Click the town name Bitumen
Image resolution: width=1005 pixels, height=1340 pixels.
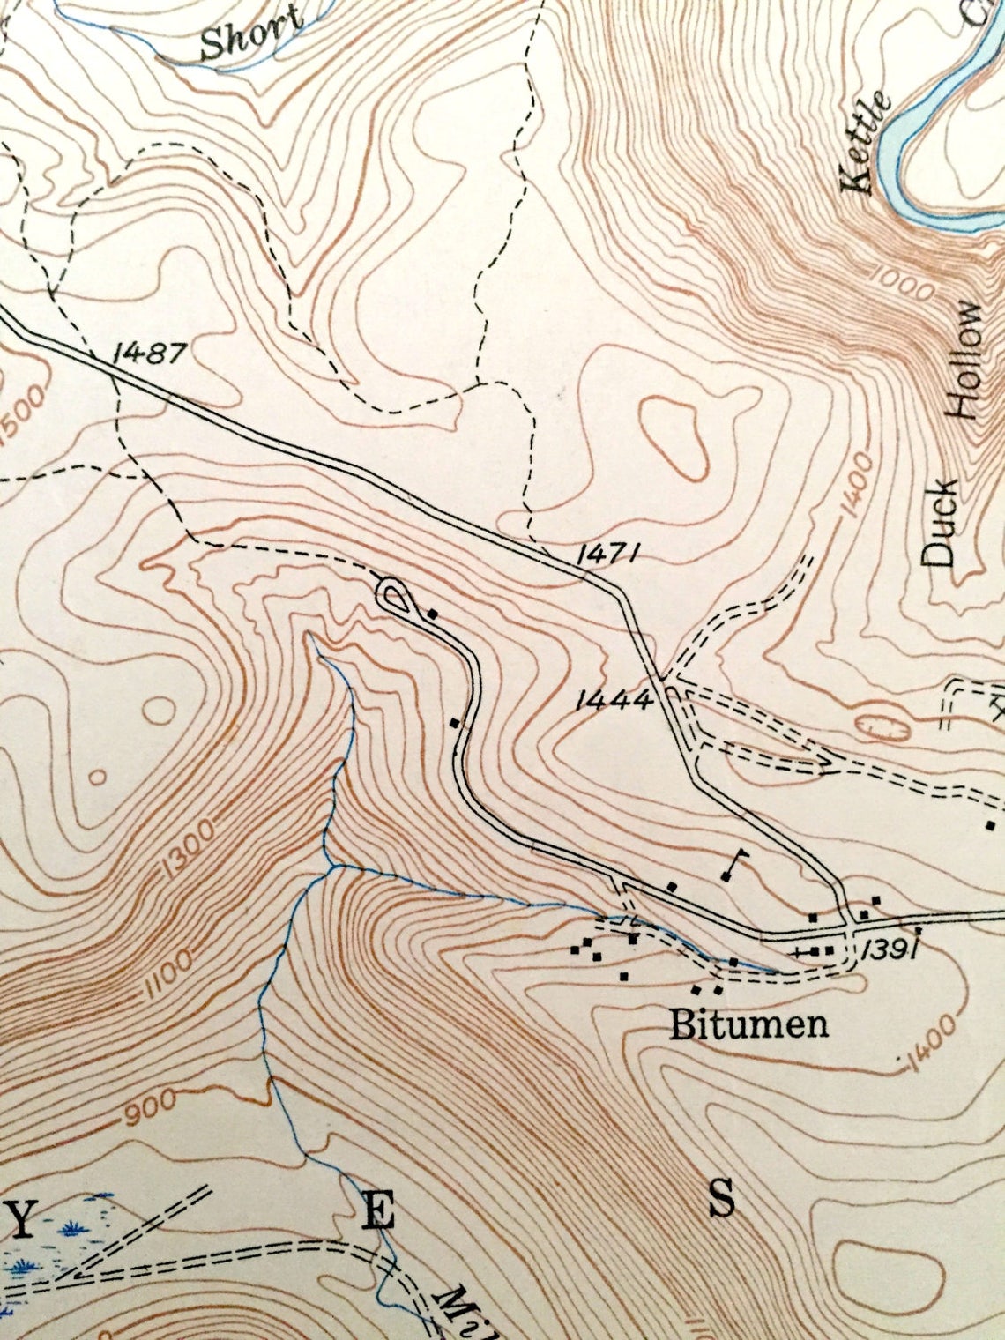click(748, 1024)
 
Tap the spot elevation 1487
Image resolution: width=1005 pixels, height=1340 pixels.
click(150, 354)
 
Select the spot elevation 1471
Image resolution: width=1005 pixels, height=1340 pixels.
click(608, 554)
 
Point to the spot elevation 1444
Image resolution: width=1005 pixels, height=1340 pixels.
click(614, 700)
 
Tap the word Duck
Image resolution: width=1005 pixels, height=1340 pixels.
click(940, 522)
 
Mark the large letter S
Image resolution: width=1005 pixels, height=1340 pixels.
click(722, 1200)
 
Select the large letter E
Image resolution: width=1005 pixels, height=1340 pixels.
click(378, 1214)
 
